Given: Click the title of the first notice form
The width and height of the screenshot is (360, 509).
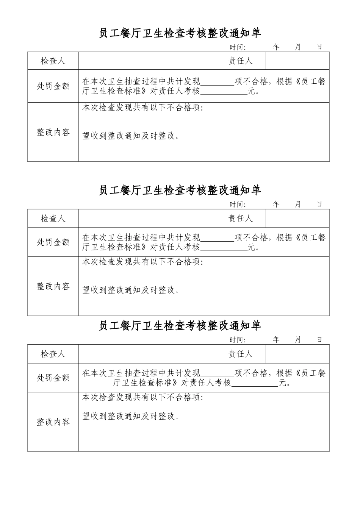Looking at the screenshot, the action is tap(180, 33).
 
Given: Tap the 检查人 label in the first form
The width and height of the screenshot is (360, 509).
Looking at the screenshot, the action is tap(53, 61).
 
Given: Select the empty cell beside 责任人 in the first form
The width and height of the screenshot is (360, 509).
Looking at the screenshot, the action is tap(297, 61).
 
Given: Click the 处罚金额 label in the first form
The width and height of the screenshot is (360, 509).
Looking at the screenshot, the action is tap(53, 86).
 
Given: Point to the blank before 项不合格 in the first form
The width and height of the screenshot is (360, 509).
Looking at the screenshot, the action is tap(217, 81).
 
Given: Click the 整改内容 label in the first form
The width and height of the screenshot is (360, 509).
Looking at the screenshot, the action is tap(53, 132).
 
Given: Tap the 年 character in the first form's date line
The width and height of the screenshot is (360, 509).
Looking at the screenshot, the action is tap(276, 47).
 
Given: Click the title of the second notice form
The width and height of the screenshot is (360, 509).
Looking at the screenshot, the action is tap(180, 190).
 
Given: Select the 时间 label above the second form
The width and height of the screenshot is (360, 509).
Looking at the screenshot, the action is tap(238, 205).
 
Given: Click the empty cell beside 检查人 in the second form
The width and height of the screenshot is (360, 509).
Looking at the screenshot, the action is tap(147, 219).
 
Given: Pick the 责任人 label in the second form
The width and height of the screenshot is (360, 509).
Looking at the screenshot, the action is tap(240, 219).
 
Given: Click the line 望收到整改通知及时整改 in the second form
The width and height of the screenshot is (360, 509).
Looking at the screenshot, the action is tap(131, 290).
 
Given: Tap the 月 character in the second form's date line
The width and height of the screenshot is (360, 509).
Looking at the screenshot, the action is tap(297, 204).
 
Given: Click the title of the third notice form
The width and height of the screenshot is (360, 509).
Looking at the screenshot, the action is tap(180, 326).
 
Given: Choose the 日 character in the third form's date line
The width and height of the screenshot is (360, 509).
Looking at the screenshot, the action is tap(319, 340).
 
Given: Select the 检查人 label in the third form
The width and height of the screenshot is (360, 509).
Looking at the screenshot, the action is tap(53, 354).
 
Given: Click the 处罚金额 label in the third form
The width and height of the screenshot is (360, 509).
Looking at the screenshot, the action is tap(53, 378).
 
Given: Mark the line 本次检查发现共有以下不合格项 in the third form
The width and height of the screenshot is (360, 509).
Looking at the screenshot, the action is tap(143, 398).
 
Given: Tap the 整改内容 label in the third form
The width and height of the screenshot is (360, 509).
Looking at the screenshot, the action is tap(53, 422).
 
